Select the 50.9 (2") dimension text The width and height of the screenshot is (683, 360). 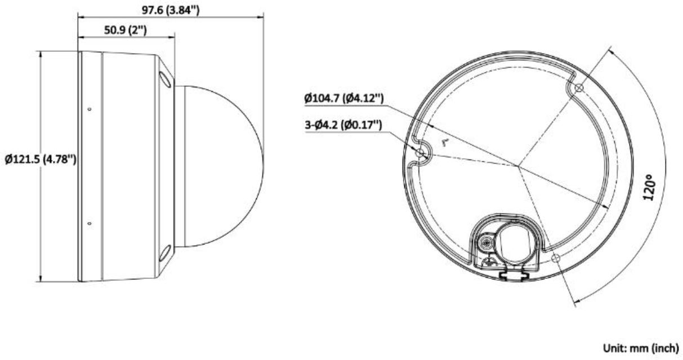click(x=126, y=30)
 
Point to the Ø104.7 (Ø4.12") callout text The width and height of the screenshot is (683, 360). click(x=343, y=99)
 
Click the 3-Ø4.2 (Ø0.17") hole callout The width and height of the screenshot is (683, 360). click(x=343, y=126)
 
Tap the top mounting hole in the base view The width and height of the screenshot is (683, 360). click(x=578, y=88)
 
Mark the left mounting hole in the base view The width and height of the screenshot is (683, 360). click(x=419, y=153)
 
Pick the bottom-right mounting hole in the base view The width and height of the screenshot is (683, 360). click(x=556, y=258)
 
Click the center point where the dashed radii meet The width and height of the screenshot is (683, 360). click(x=518, y=165)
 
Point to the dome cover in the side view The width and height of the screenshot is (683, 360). click(x=222, y=167)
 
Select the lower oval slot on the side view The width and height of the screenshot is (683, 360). click(x=166, y=254)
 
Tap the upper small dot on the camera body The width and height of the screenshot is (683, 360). click(x=90, y=108)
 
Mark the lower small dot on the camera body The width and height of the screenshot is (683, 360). click(x=90, y=224)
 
